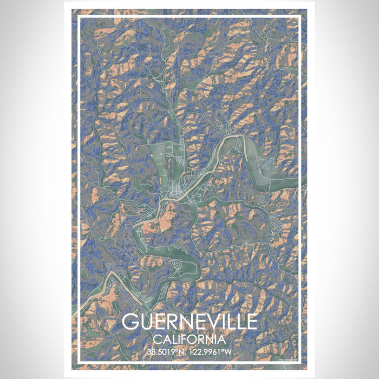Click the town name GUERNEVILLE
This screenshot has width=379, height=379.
[190, 322]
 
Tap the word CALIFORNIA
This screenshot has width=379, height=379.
[190, 339]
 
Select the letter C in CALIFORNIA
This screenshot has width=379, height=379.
[158, 339]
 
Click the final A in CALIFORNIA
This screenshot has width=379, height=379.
[222, 339]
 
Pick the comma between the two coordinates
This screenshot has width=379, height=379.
[185, 354]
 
